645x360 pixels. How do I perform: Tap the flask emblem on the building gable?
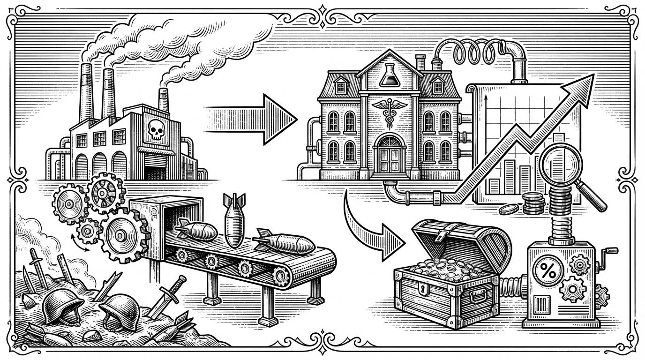pos(387,75)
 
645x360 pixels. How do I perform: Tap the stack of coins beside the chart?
pos(533,202)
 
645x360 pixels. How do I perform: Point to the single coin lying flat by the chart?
pos(508,210)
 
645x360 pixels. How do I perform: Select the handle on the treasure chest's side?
pos(480,297)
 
